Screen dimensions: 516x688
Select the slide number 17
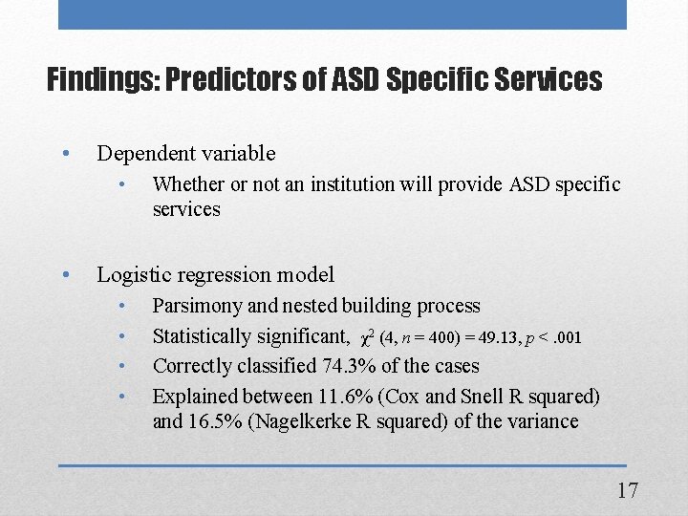pyautogui.click(x=627, y=490)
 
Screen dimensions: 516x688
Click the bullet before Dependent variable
pyautogui.click(x=65, y=153)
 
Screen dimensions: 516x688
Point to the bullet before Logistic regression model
pyautogui.click(x=65, y=274)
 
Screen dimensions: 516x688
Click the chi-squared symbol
pyautogui.click(x=367, y=337)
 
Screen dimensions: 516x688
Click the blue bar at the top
pyautogui.click(x=342, y=14)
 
